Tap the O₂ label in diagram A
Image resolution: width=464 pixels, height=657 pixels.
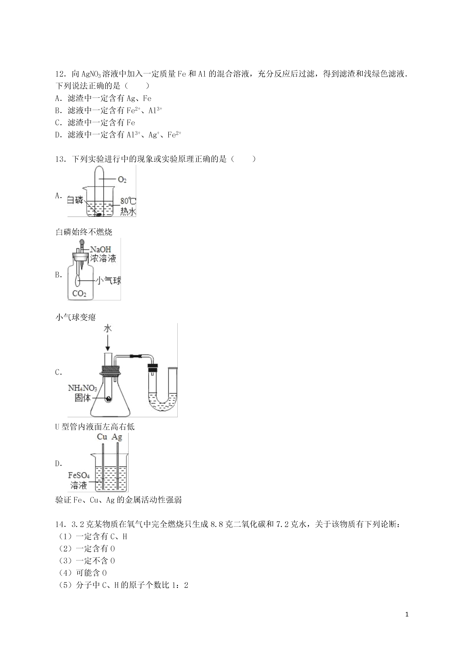click(122, 180)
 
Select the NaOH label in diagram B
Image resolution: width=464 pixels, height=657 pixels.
click(100, 249)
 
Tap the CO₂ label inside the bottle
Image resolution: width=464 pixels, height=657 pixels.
click(79, 294)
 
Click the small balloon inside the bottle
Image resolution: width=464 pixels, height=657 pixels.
click(77, 280)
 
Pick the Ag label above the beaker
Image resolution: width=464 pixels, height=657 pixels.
click(117, 437)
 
